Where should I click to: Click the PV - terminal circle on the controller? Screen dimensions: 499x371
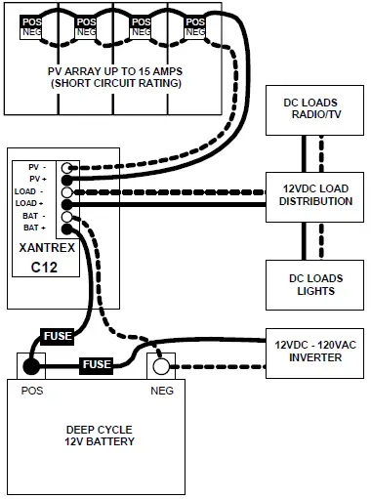click(67, 168)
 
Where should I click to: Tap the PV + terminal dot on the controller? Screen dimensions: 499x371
click(67, 180)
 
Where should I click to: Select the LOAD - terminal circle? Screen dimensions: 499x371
click(67, 192)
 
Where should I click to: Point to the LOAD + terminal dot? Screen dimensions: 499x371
click(67, 204)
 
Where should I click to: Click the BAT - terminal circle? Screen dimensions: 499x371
click(67, 217)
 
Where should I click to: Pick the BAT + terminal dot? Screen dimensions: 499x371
click(67, 229)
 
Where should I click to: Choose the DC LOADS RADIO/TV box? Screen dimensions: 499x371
click(315, 110)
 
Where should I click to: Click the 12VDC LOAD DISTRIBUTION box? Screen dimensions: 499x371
click(315, 194)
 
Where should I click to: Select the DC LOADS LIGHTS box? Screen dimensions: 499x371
click(315, 284)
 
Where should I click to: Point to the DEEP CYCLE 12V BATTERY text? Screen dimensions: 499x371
click(101, 436)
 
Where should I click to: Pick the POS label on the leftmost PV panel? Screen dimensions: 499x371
click(31, 21)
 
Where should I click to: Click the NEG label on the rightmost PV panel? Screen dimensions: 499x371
click(195, 33)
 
